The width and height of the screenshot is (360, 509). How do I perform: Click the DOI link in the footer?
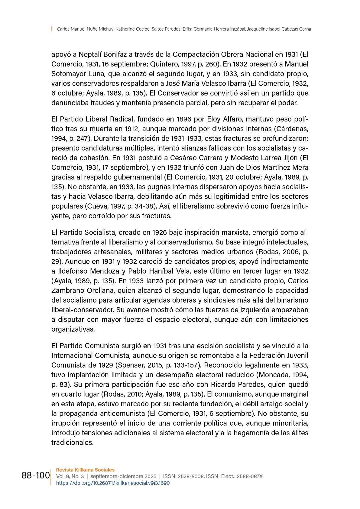coord(113,483)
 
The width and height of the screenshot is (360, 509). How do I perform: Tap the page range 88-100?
coord(36,475)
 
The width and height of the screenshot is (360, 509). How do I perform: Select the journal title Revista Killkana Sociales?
coord(85,470)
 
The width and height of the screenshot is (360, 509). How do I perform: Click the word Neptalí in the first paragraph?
coord(90,54)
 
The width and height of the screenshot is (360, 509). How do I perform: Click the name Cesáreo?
coord(184,158)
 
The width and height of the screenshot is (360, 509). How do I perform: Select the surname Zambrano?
coord(66,290)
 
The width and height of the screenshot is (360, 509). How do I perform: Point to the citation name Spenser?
coord(131,365)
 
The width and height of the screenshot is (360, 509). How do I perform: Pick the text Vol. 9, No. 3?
coord(70,476)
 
